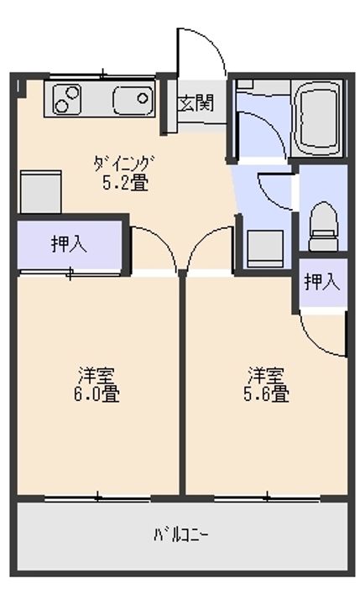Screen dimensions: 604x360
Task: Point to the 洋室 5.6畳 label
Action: click(268, 383)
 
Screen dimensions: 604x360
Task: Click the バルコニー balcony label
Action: click(181, 534)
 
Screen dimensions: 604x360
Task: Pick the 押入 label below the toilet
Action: click(322, 282)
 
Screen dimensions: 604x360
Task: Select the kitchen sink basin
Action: click(132, 101)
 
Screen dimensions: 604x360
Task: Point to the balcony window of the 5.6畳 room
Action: click(266, 497)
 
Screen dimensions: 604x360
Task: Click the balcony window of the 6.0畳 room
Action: click(97, 497)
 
